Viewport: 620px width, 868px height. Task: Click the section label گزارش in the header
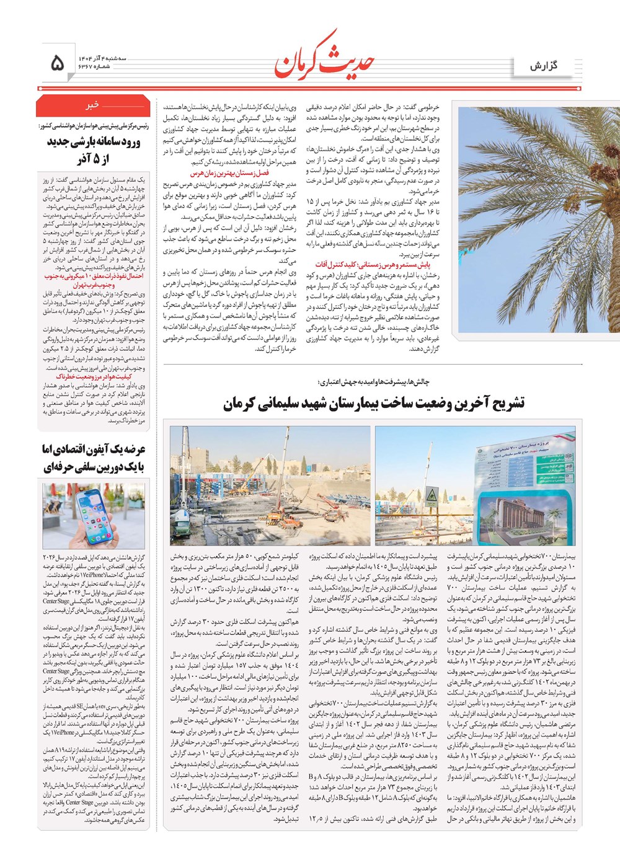[x=544, y=65]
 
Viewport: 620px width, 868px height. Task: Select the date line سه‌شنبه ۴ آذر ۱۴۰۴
[x=102, y=58]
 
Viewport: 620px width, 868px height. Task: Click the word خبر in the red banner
[x=93, y=105]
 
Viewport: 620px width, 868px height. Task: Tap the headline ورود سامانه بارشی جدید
[x=94, y=142]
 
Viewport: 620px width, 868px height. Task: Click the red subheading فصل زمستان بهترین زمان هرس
[x=229, y=174]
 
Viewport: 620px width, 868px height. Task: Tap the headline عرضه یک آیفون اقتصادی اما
[x=94, y=449]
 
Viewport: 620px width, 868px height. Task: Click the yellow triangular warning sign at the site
[x=432, y=495]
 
